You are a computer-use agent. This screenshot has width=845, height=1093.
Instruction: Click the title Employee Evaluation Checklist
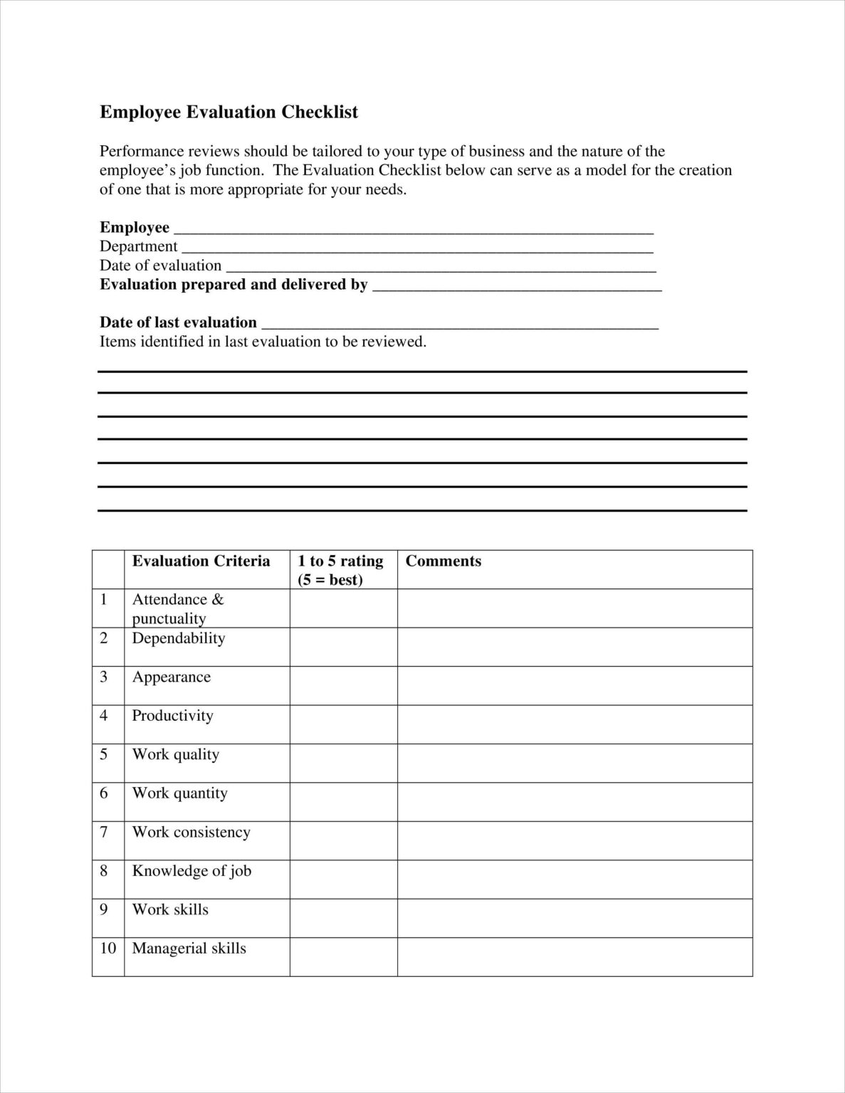pos(229,112)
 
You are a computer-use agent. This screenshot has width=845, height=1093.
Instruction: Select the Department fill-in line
pos(416,249)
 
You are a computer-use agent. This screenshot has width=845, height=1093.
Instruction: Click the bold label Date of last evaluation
pos(178,322)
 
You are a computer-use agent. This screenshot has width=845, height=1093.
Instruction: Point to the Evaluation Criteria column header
pos(201,561)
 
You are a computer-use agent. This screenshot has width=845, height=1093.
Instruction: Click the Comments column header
pos(444,561)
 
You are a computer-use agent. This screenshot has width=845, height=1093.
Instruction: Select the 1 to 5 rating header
pos(340,570)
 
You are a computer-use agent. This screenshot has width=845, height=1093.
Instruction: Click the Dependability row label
pos(179,638)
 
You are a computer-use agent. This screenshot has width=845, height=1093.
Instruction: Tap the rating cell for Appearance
pos(343,685)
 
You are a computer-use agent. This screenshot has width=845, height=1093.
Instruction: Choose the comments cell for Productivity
pos(574,724)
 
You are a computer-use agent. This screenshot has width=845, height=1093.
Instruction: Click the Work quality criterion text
pos(176,754)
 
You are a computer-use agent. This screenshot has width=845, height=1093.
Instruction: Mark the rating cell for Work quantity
pos(343,802)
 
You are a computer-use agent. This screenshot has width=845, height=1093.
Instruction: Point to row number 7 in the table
pos(104,832)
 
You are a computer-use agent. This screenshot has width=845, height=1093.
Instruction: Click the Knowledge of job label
pos(191,871)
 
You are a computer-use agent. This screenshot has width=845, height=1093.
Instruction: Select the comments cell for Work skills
pos(574,918)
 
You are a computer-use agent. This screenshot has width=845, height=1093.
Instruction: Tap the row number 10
pos(107,949)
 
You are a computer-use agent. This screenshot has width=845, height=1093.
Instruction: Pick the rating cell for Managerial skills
pos(343,956)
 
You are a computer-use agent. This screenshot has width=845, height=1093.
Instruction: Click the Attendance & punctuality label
pos(178,608)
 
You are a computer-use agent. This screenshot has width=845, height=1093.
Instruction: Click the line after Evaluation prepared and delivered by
pos(518,287)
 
